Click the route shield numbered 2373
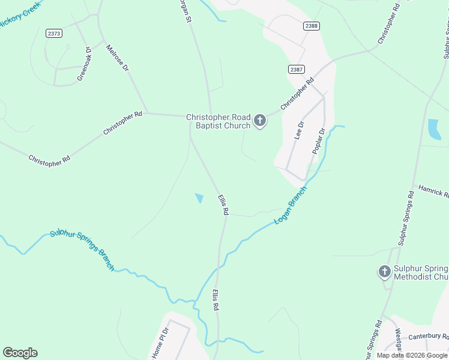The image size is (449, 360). (x=53, y=33)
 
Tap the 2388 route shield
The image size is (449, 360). (x=311, y=26)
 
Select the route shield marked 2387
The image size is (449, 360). (x=296, y=69)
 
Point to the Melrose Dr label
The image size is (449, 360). (x=118, y=58)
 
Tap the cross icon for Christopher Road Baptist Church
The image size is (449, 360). (x=260, y=121)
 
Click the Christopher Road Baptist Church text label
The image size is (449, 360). (x=218, y=121)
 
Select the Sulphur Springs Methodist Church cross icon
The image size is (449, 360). (x=385, y=272)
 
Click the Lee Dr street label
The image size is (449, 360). (x=300, y=130)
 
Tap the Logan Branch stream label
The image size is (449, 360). (x=291, y=205)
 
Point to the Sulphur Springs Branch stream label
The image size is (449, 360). (x=82, y=250)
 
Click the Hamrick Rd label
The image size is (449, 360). (x=433, y=192)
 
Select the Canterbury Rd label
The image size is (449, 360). (x=429, y=337)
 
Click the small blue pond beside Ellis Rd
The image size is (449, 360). (x=199, y=197)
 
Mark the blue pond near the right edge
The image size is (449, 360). (x=434, y=129)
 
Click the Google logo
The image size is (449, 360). (x=20, y=353)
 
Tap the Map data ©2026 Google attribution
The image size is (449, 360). (x=412, y=355)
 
